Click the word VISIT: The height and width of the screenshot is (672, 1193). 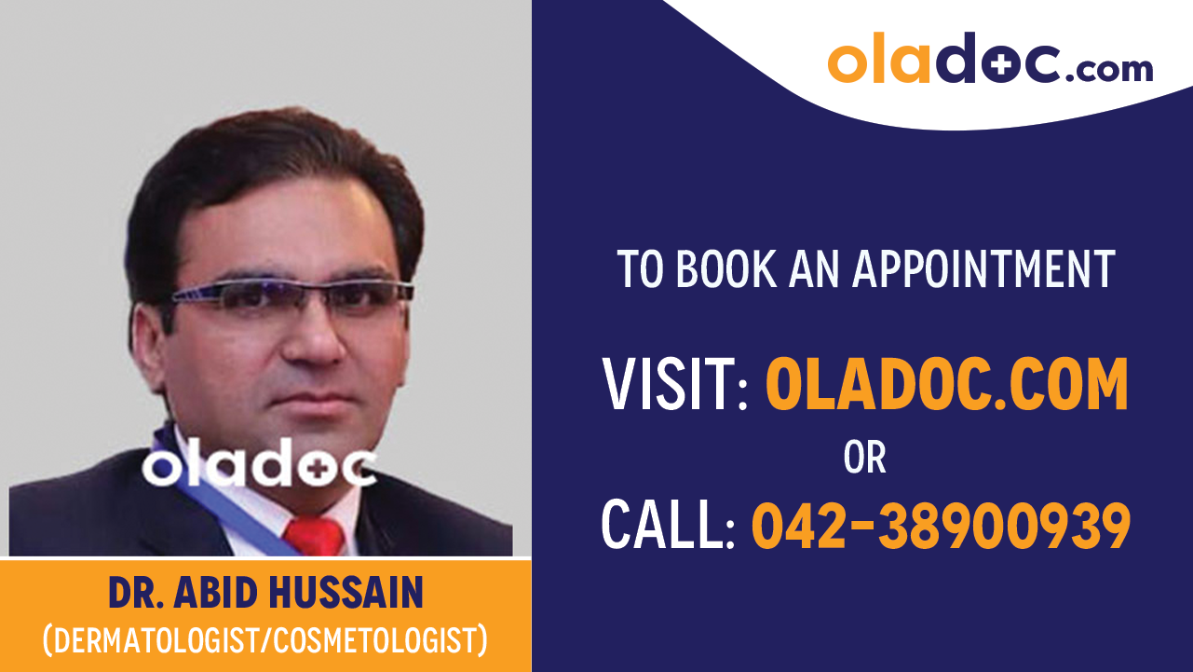coord(675,384)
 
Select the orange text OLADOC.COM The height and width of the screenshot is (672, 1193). coord(946,384)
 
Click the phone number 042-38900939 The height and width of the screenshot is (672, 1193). coord(941,524)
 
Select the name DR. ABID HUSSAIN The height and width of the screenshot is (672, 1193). coord(265,593)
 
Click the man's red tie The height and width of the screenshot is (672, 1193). coord(314,537)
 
